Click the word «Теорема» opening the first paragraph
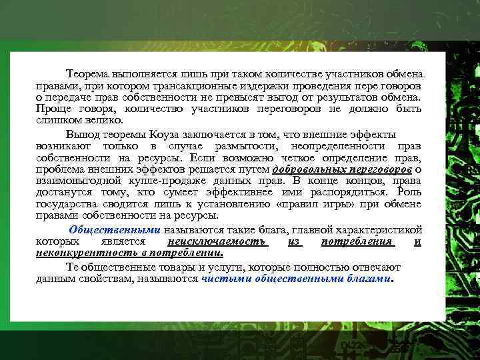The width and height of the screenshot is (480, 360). (90, 73)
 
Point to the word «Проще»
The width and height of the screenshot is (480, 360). (53, 109)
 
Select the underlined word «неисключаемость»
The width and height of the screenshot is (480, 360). (217, 241)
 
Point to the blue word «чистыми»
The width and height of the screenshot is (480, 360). (221, 279)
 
